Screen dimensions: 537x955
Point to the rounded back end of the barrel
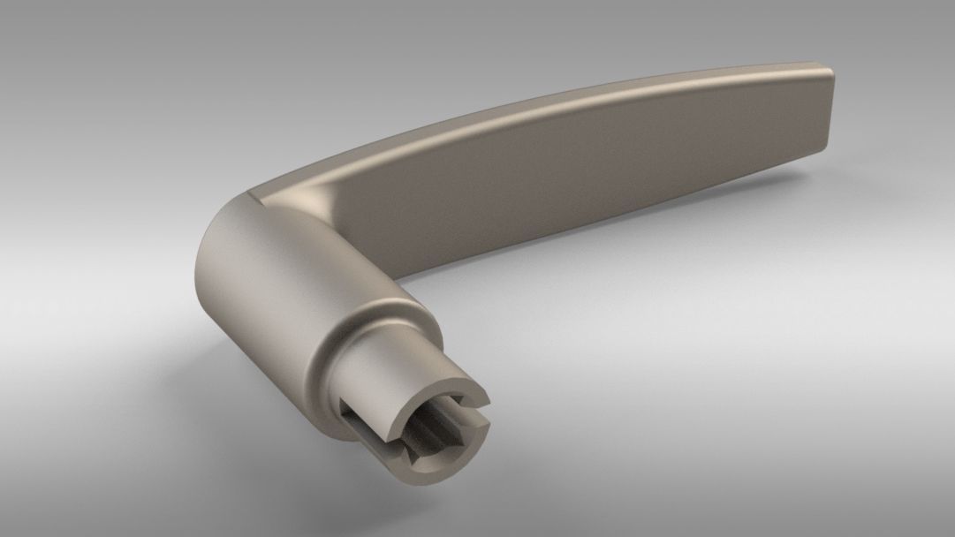coord(201,265)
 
